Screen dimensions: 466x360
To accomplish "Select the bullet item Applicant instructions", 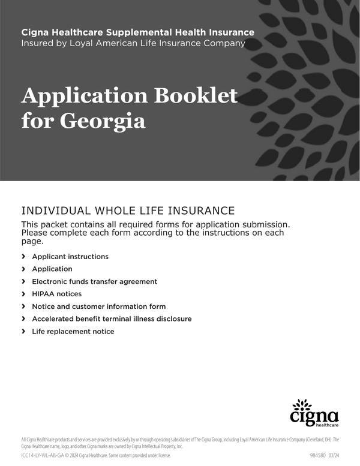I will pos(70,257).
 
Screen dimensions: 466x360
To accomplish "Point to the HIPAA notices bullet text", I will pos(56,294).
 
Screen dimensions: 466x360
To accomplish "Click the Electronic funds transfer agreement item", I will pos(94,281).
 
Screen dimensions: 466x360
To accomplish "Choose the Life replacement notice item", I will pos(73,331).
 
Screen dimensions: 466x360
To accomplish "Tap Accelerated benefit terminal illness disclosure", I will pos(112,319).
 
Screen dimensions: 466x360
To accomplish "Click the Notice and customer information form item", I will pos(98,306).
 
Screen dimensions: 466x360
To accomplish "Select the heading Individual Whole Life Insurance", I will pos(127,211).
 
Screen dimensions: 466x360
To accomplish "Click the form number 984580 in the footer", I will pos(318,456).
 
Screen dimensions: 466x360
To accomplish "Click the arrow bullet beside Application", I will pos(23,269).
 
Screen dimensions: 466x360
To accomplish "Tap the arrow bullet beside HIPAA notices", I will pos(23,294).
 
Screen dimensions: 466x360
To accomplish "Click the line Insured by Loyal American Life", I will pos(133,43).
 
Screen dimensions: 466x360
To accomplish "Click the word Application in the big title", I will pos(85,96).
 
